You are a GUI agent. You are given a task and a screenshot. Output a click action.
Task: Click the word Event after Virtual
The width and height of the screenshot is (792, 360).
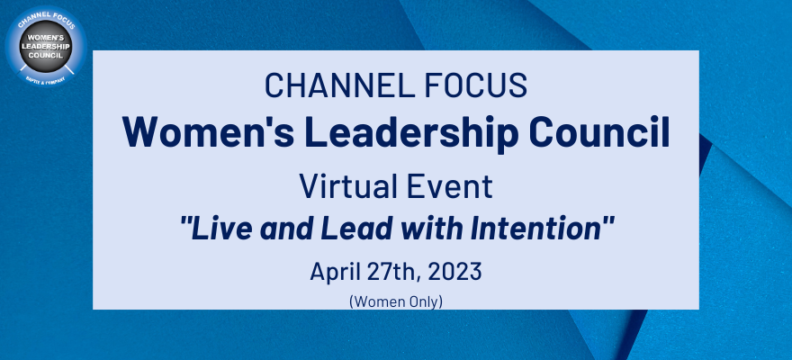tap(451, 187)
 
